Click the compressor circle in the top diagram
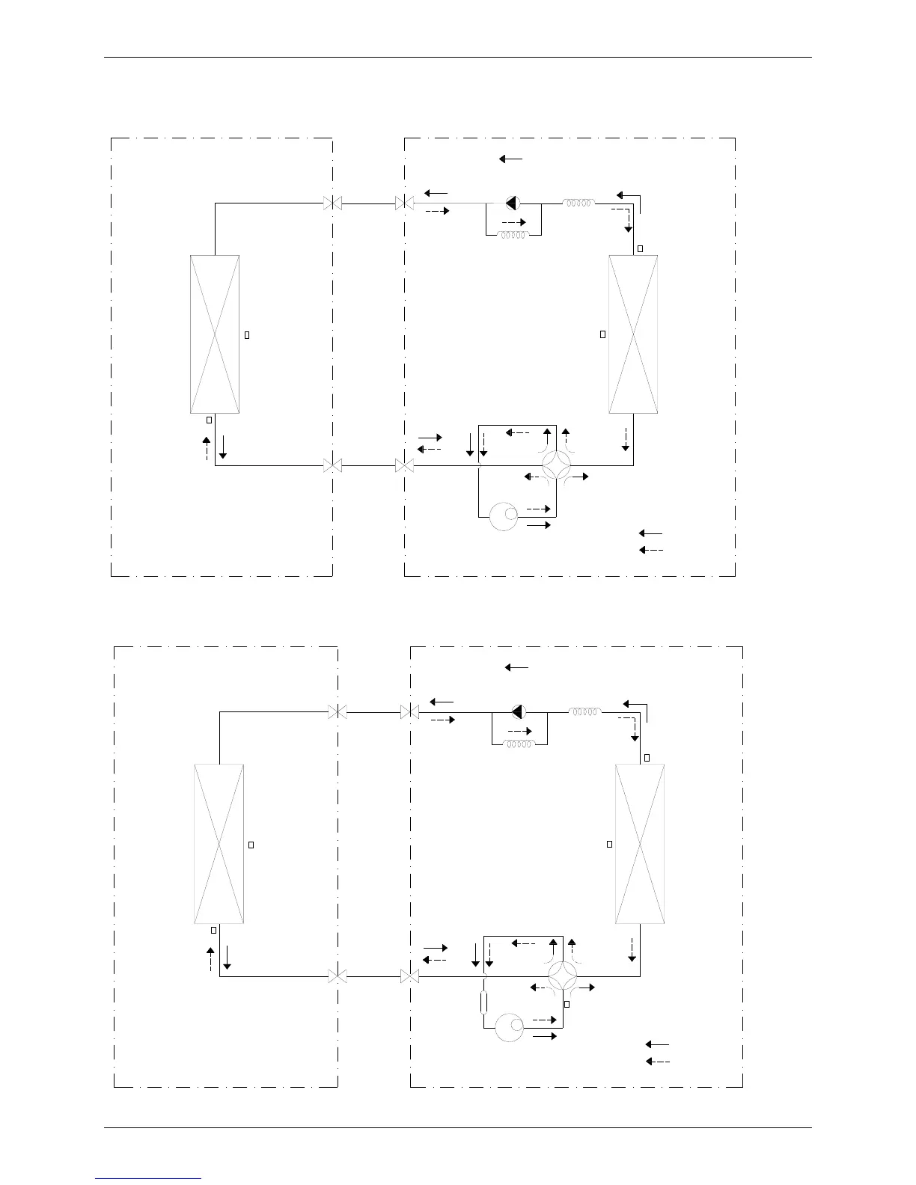[x=503, y=516]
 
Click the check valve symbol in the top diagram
[x=512, y=203]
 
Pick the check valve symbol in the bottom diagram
[x=517, y=711]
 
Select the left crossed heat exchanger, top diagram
[x=215, y=334]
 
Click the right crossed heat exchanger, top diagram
[x=633, y=334]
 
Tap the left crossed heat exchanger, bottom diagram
[x=219, y=844]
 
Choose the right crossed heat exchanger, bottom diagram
[x=639, y=844]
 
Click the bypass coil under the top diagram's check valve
[x=513, y=234]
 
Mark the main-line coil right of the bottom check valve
[x=584, y=711]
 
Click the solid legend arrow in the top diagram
[x=650, y=533]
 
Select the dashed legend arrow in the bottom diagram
[x=657, y=1062]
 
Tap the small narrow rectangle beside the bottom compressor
[x=485, y=1002]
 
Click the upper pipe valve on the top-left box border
[x=332, y=203]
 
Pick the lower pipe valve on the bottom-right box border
[x=409, y=976]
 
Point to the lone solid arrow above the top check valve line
[x=510, y=159]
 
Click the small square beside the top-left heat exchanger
[x=247, y=334]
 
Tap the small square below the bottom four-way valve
[x=567, y=1004]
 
